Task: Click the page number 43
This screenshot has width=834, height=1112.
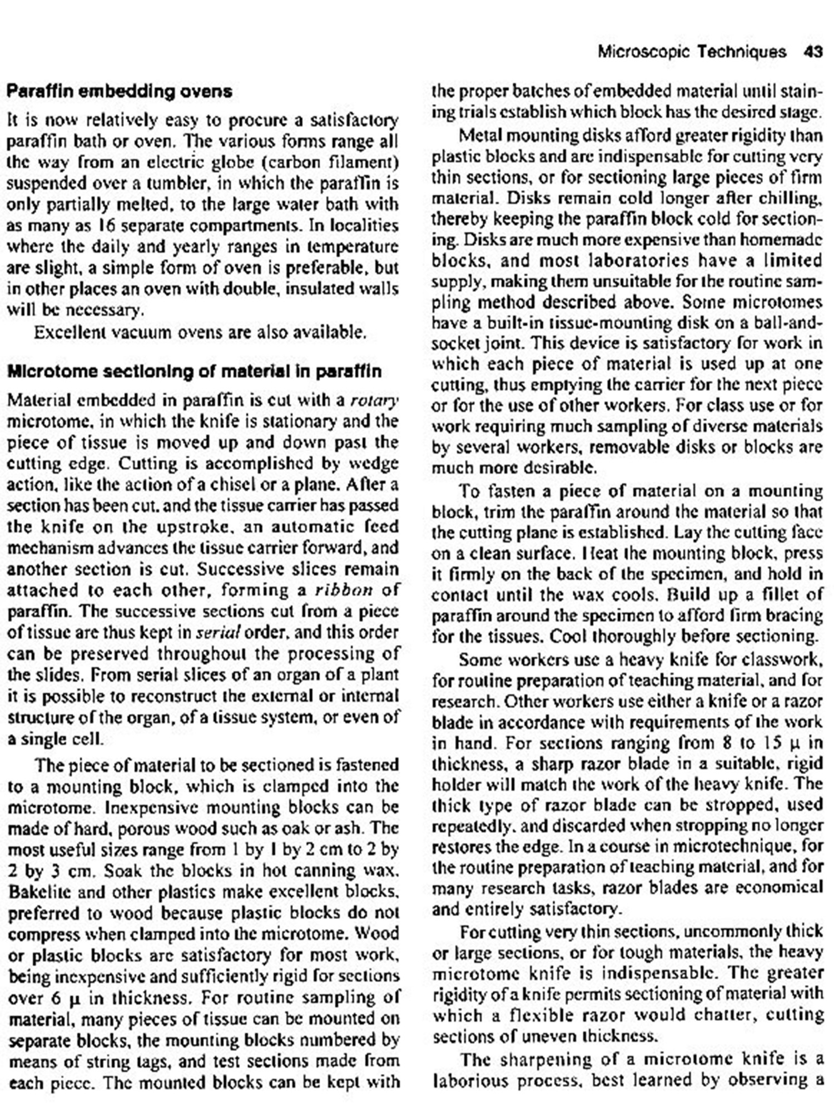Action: click(812, 52)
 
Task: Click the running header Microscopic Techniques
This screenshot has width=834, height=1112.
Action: click(692, 52)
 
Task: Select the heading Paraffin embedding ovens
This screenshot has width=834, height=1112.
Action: click(120, 91)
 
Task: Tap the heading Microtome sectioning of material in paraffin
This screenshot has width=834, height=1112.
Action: click(194, 371)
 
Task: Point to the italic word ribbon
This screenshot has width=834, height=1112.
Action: click(343, 590)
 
